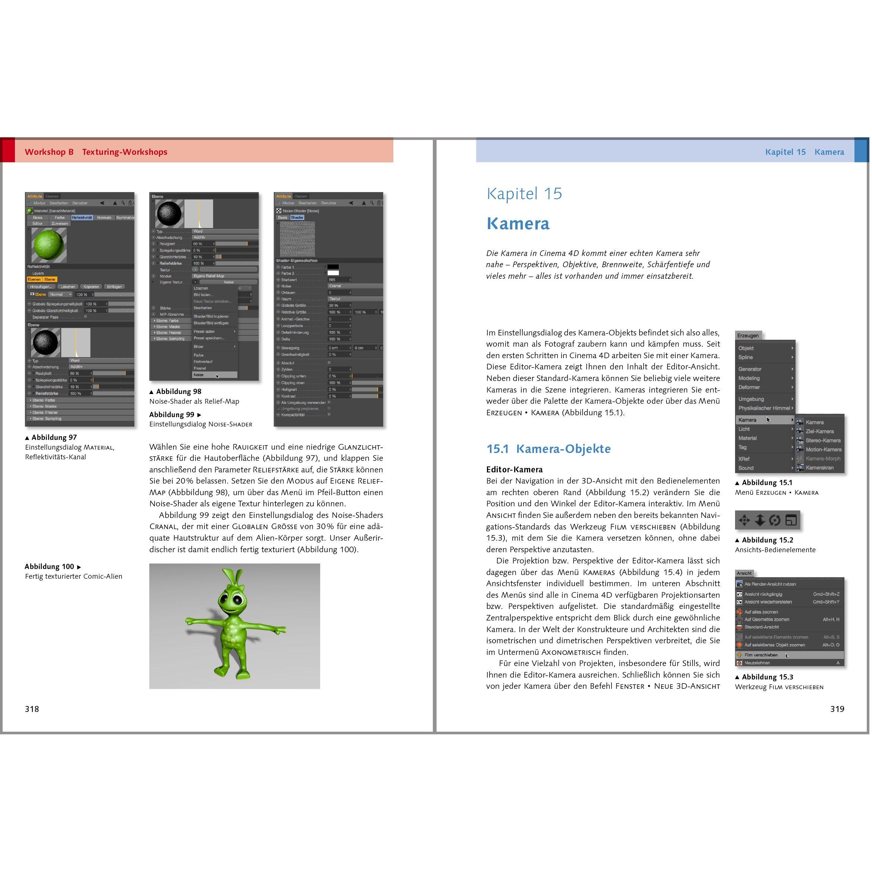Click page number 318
point(32,709)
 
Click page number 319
point(837,709)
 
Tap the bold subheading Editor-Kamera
point(514,469)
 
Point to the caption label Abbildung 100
point(49,566)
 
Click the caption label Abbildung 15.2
point(767,540)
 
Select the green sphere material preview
point(49,245)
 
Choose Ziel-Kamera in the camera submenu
point(820,431)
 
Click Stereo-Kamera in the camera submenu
point(823,441)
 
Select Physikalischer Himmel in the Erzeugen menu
point(764,408)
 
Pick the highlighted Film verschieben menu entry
point(761,655)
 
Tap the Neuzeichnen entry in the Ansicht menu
point(757,663)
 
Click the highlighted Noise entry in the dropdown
point(199,375)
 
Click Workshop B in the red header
point(49,152)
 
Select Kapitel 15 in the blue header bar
point(785,152)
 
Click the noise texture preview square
point(297,239)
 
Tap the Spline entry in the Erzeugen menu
point(746,357)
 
